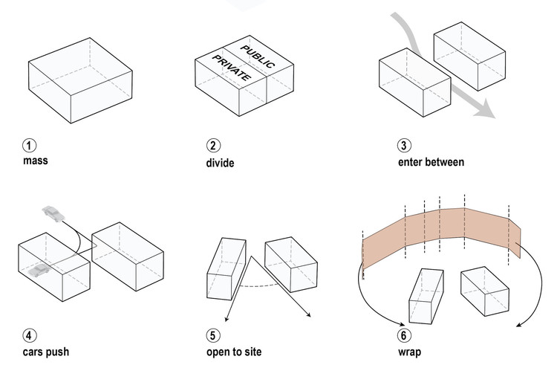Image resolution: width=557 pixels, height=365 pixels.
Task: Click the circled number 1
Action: (29, 144)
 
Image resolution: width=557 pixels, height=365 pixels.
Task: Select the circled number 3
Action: (404, 145)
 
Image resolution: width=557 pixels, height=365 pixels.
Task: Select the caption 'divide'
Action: (221, 162)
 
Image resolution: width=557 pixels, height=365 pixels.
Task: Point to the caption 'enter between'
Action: (431, 161)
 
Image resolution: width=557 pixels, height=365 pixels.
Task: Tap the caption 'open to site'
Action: (237, 351)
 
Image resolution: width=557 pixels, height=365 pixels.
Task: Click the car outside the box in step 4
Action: (54, 214)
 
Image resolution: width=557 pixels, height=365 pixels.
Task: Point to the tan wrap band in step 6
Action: (438, 227)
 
